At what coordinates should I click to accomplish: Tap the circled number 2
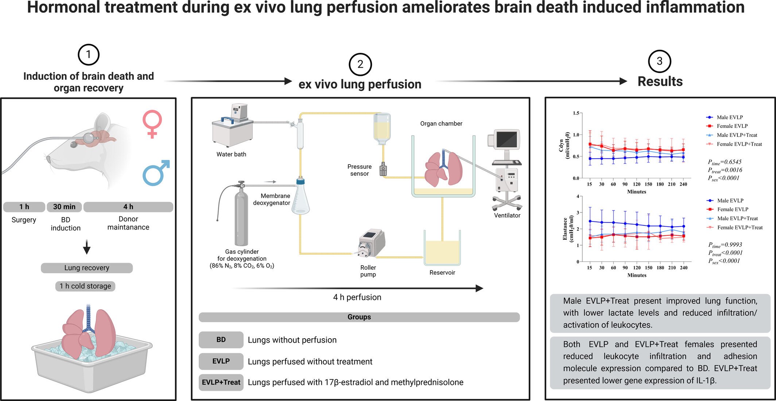click(x=360, y=64)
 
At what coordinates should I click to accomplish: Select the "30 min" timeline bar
click(x=64, y=207)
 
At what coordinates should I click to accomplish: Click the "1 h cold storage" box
click(x=85, y=286)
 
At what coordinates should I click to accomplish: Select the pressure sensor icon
click(x=383, y=169)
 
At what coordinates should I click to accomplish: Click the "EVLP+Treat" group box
click(x=221, y=382)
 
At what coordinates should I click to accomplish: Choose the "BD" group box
click(x=221, y=340)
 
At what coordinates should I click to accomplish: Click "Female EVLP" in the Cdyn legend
click(x=732, y=126)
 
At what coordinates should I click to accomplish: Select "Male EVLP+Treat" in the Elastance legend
click(x=737, y=219)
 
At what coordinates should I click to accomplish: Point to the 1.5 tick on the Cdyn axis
click(x=576, y=113)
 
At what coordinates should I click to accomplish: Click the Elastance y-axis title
click(x=568, y=229)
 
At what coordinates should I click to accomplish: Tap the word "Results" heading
click(x=660, y=81)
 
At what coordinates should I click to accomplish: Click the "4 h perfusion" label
click(x=357, y=297)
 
